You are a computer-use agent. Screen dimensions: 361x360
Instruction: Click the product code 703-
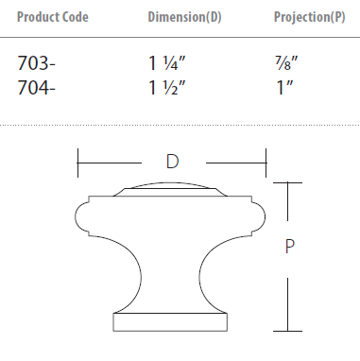tap(37, 64)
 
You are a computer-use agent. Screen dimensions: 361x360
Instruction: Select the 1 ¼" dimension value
tap(166, 64)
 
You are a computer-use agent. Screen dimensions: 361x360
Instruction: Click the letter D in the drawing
tap(172, 162)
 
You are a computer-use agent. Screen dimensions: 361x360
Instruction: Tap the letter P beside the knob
tap(291, 248)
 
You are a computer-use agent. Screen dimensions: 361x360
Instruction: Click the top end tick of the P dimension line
tap(289, 181)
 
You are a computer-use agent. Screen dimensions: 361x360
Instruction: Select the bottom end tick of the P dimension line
tap(289, 332)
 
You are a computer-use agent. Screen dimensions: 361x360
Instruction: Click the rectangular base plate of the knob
tap(171, 322)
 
